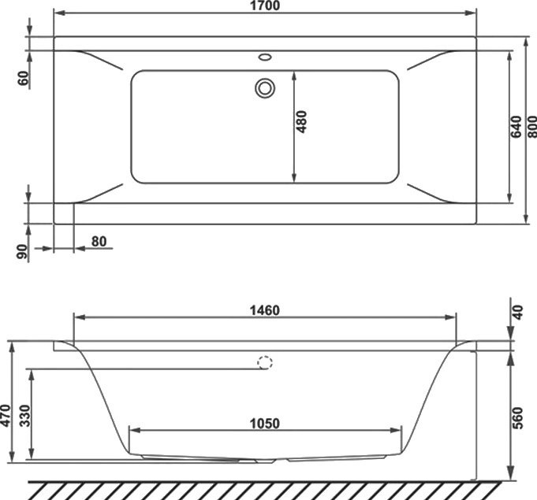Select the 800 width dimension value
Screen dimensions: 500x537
point(531,128)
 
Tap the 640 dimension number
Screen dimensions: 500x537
point(516,127)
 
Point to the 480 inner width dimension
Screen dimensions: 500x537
point(302,122)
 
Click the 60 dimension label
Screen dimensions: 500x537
point(23,78)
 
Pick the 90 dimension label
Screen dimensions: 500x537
point(23,251)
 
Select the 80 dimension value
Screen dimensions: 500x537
point(99,241)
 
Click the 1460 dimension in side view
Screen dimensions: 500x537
point(263,309)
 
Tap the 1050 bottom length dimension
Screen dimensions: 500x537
point(263,423)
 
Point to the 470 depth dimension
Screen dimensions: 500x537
point(6,414)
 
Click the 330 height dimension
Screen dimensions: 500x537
point(24,415)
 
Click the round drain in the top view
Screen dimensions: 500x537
point(264,87)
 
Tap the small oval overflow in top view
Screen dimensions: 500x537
point(264,57)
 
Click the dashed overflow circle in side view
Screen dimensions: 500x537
point(266,363)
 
